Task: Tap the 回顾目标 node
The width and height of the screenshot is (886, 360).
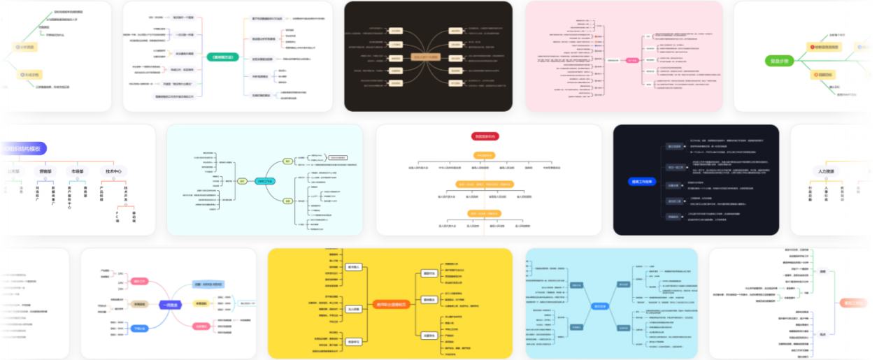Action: (824, 75)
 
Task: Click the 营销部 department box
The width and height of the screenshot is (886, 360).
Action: (45, 171)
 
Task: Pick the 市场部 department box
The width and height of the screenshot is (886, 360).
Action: (77, 171)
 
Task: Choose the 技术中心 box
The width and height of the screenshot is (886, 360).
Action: (113, 171)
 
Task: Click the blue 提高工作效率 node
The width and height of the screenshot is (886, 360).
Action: (642, 181)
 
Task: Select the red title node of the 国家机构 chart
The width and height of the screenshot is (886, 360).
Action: (485, 136)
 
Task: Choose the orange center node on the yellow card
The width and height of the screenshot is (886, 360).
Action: (392, 304)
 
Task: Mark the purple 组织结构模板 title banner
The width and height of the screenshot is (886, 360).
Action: (31, 149)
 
